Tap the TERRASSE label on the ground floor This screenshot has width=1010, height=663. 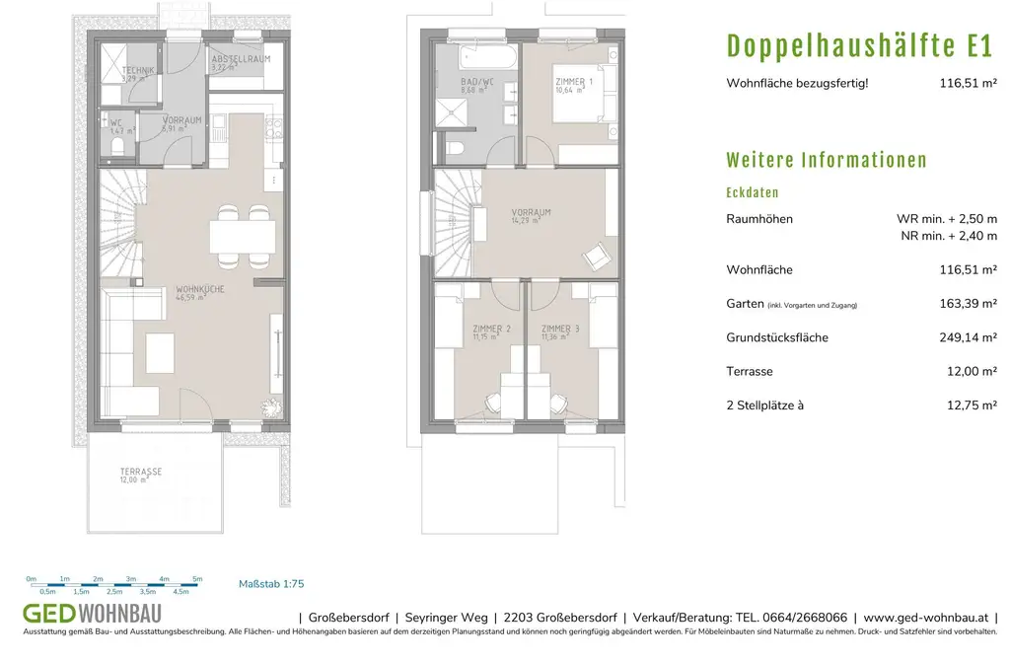141,473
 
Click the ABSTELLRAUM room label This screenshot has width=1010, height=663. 238,61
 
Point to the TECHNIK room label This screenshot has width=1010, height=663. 137,70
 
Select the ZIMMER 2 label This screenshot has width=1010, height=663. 491,329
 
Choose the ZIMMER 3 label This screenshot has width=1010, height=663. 559,329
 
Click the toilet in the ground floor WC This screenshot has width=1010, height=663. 118,146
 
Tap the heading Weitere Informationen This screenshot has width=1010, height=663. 827,161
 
